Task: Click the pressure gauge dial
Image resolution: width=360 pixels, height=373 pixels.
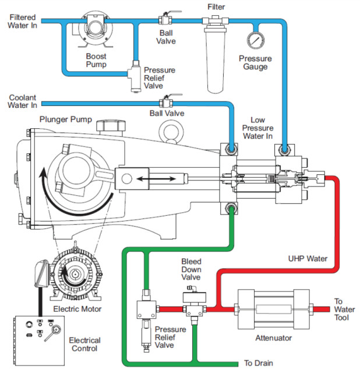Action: (255, 40)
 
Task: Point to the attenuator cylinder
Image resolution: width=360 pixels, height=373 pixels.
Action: (272, 308)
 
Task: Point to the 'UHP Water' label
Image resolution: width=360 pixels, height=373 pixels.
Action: (307, 258)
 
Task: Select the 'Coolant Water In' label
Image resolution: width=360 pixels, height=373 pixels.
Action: (23, 100)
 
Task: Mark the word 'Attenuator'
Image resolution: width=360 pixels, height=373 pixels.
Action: (274, 338)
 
